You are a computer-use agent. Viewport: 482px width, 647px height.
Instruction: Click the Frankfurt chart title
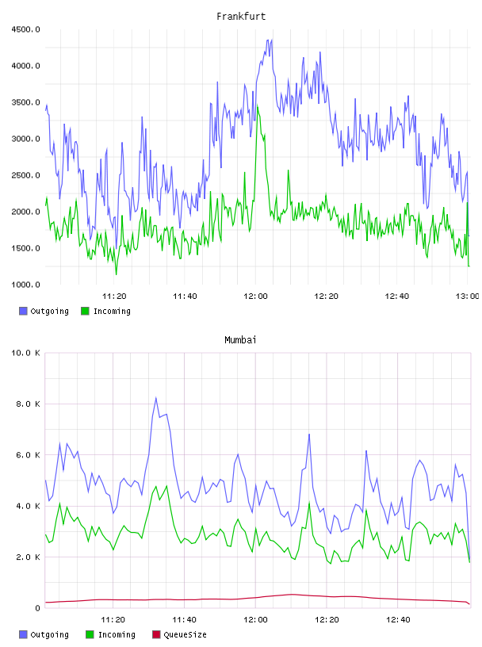click(241, 16)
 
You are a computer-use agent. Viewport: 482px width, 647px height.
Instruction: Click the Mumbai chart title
click(240, 339)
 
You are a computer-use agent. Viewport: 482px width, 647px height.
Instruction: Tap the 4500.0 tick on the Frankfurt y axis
click(25, 29)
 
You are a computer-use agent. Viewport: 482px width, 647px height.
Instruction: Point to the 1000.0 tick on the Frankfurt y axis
click(25, 285)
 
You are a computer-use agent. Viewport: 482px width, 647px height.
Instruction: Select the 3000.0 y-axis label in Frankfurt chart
click(25, 139)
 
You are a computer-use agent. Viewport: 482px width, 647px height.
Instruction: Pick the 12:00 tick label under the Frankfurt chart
click(255, 296)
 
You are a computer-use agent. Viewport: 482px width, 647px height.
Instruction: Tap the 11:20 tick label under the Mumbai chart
click(113, 619)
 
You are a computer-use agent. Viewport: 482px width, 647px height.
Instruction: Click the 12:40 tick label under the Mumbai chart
click(398, 619)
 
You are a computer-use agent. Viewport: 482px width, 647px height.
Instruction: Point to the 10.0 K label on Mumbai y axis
click(25, 353)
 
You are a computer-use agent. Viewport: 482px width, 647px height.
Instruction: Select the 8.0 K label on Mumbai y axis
click(28, 404)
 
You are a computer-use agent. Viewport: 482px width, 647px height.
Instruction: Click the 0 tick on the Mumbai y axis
click(37, 608)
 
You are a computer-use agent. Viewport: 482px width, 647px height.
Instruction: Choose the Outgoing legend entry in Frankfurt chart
click(44, 311)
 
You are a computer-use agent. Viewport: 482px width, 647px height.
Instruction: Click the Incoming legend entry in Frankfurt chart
click(105, 311)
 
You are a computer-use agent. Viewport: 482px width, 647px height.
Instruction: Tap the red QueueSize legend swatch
click(156, 634)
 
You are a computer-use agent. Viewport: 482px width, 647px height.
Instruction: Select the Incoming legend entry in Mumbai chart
click(110, 634)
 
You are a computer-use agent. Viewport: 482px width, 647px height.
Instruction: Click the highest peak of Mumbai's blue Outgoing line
click(156, 398)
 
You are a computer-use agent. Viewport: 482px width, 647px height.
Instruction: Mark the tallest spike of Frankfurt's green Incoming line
click(258, 106)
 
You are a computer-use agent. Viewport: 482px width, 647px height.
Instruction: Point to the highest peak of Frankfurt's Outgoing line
click(271, 40)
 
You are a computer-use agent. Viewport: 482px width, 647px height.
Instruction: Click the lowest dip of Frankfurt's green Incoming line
click(116, 274)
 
